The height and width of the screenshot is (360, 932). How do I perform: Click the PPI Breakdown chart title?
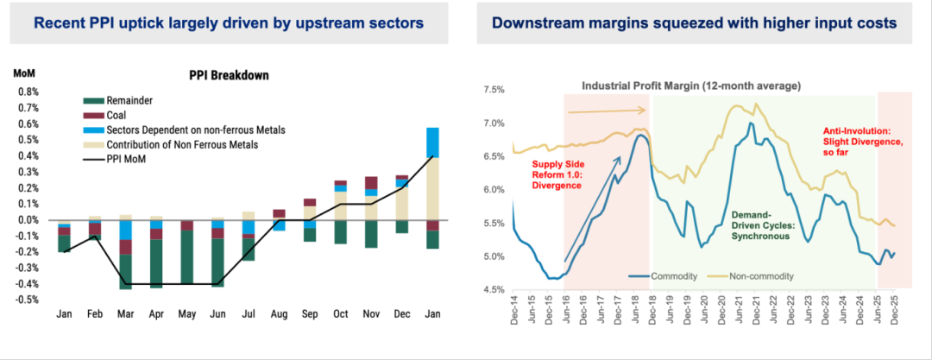click(x=229, y=75)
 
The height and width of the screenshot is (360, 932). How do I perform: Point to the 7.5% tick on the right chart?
click(x=492, y=90)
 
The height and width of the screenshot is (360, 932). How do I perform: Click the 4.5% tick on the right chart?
click(x=492, y=290)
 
